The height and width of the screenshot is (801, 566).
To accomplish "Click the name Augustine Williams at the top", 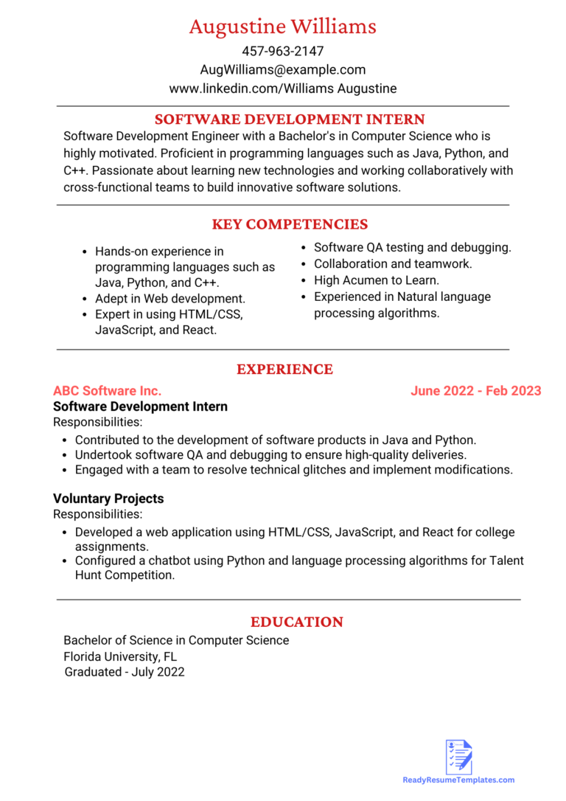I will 282,27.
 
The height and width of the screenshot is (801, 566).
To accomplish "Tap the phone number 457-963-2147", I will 282,52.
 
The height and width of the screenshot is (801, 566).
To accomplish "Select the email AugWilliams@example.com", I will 282,70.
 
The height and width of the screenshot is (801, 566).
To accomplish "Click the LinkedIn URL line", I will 282,89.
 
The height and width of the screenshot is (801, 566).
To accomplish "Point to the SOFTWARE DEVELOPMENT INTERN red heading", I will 289,119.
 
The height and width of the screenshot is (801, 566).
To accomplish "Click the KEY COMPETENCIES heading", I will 290,224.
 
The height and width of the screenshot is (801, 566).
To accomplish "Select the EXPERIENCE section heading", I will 284,370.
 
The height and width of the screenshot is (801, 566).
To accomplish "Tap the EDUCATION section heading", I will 296,622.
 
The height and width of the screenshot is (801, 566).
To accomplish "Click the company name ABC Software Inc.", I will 107,391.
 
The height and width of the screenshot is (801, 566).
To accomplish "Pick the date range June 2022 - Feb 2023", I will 475,391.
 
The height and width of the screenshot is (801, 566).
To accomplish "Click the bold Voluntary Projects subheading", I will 108,499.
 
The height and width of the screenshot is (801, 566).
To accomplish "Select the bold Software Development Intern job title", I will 140,406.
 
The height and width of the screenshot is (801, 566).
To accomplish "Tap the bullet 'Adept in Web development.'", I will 170,299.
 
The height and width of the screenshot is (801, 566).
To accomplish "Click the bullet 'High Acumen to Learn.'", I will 376,280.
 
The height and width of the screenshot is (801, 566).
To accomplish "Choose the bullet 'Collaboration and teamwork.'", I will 392,263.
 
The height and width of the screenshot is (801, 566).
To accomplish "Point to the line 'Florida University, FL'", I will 120,656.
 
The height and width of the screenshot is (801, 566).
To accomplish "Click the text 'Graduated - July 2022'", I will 124,672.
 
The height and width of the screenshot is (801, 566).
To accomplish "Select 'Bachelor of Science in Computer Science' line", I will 176,640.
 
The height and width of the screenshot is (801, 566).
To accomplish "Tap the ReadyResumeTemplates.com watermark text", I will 458,780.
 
